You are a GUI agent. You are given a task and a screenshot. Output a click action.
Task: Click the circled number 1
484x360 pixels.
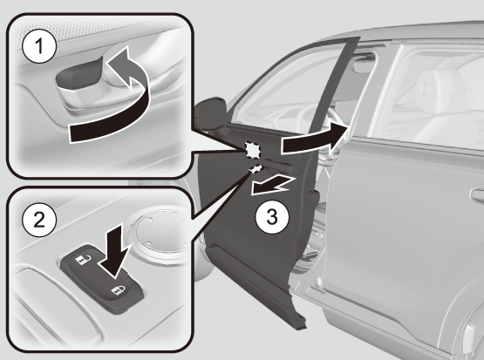point(39,46)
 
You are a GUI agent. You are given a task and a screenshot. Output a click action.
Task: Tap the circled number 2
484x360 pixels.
point(39,220)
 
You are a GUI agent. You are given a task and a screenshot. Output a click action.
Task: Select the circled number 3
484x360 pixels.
point(272,216)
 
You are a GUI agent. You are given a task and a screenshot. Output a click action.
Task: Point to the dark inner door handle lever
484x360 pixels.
point(78,74)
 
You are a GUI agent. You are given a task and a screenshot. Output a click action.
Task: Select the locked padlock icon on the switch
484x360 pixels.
point(119,290)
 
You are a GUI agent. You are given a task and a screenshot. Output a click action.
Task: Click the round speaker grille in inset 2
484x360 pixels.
point(160,231)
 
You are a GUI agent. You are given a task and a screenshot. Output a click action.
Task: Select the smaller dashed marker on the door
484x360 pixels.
point(256,168)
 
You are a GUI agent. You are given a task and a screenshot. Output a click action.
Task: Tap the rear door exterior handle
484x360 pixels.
point(477,195)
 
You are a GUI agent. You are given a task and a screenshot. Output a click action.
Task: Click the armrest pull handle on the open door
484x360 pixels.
point(278,166)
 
